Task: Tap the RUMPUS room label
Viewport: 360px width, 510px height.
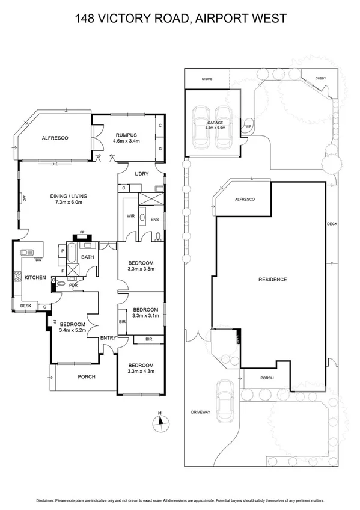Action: point(126,135)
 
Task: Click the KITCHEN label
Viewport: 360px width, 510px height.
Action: point(35,277)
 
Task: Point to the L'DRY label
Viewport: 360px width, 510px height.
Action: point(142,174)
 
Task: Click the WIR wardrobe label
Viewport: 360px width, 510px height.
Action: point(130,215)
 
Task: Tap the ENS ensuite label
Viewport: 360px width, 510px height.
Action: point(154,219)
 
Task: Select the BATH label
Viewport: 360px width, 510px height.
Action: point(88,257)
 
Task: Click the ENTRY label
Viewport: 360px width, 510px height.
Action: point(108,338)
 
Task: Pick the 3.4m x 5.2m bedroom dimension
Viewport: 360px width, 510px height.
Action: point(73,330)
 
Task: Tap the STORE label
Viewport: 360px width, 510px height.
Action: point(207,79)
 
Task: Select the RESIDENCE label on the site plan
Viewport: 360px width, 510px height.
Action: point(272,280)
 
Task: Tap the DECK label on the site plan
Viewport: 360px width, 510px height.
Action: point(332,224)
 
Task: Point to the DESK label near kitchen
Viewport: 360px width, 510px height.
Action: point(25,306)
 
